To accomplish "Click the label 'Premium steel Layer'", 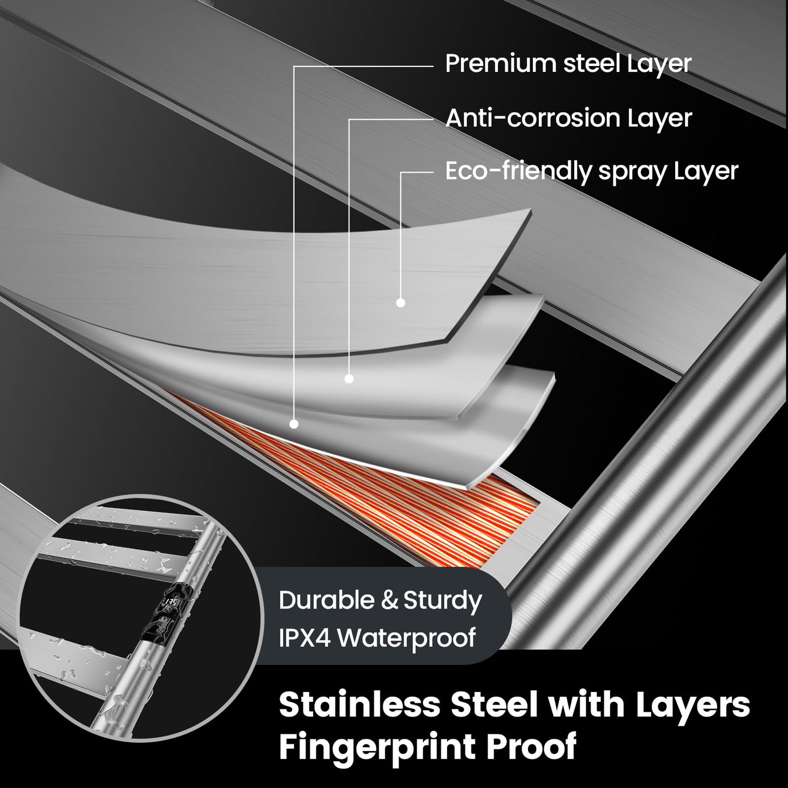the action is click(568, 64).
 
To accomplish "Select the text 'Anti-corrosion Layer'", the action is click(568, 118).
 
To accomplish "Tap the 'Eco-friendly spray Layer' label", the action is click(592, 171).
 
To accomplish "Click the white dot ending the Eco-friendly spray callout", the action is click(401, 303).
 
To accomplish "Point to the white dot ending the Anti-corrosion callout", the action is click(349, 378).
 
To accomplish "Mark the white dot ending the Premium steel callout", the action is click(293, 424).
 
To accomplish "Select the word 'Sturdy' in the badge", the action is click(443, 601).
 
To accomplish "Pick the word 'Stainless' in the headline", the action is click(360, 704).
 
